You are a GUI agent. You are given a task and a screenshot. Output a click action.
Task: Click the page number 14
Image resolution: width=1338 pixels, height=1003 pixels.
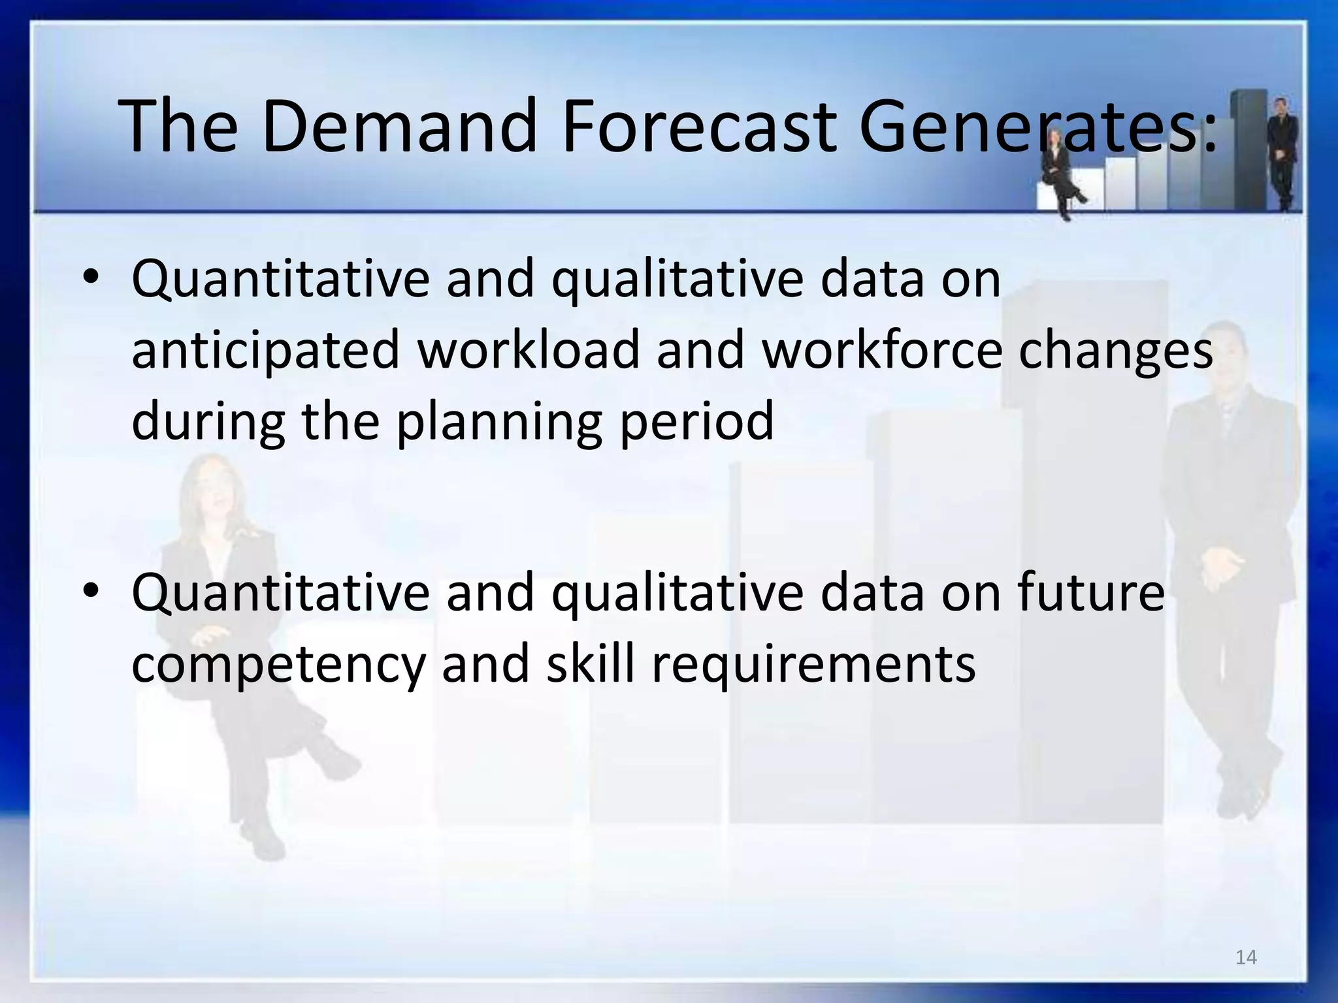1246,957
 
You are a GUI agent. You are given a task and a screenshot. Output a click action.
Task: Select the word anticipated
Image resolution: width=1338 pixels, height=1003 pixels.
265,350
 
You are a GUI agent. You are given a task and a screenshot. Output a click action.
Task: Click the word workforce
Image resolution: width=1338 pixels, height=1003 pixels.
882,349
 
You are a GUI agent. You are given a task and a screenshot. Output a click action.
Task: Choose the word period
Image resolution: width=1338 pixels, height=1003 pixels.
696,422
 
